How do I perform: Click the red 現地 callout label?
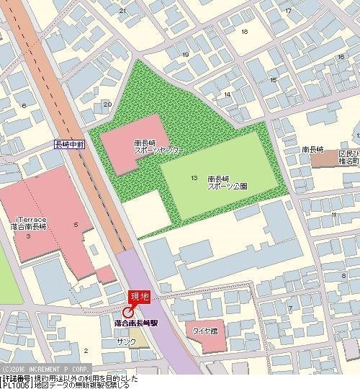point(138,296)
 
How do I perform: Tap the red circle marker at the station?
point(128,312)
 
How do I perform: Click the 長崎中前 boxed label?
point(70,144)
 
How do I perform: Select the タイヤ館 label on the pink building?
point(205,331)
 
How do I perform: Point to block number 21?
point(122,10)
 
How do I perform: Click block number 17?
point(288,10)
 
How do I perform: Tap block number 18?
point(245,32)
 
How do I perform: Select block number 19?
point(186,55)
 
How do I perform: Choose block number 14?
point(228,94)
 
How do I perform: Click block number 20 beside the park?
point(107,104)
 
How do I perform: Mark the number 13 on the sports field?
point(194,177)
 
